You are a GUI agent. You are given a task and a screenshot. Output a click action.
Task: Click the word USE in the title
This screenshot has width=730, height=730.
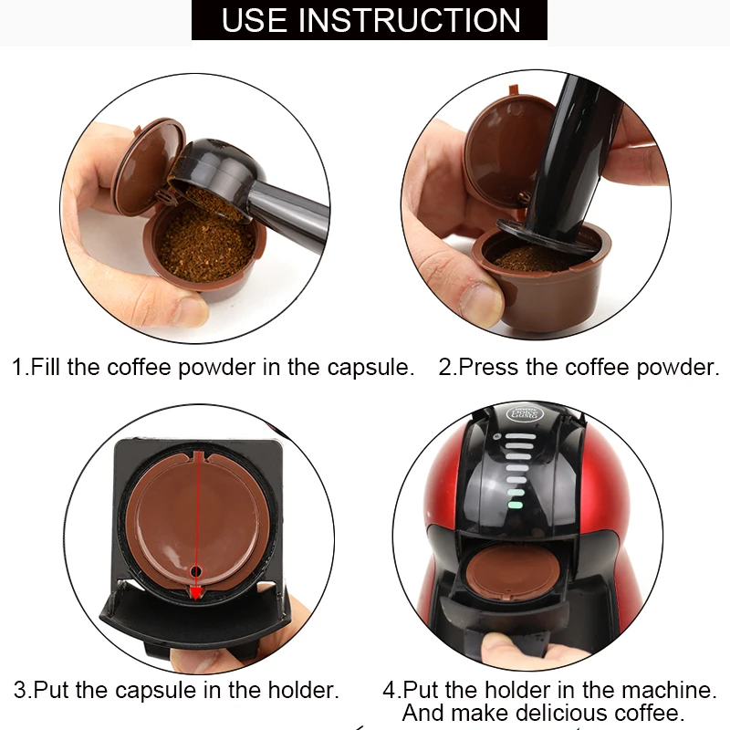pyautogui.click(x=255, y=19)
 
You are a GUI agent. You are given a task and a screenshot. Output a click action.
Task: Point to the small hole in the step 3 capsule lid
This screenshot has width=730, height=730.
pyautogui.click(x=193, y=571)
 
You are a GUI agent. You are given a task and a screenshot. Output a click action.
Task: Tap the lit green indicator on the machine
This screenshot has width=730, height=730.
pyautogui.click(x=516, y=502)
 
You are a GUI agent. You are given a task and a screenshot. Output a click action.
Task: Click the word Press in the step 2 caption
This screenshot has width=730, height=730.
pyautogui.click(x=485, y=368)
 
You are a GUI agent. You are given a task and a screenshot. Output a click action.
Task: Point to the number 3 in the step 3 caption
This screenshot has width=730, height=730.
pyautogui.click(x=19, y=690)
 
